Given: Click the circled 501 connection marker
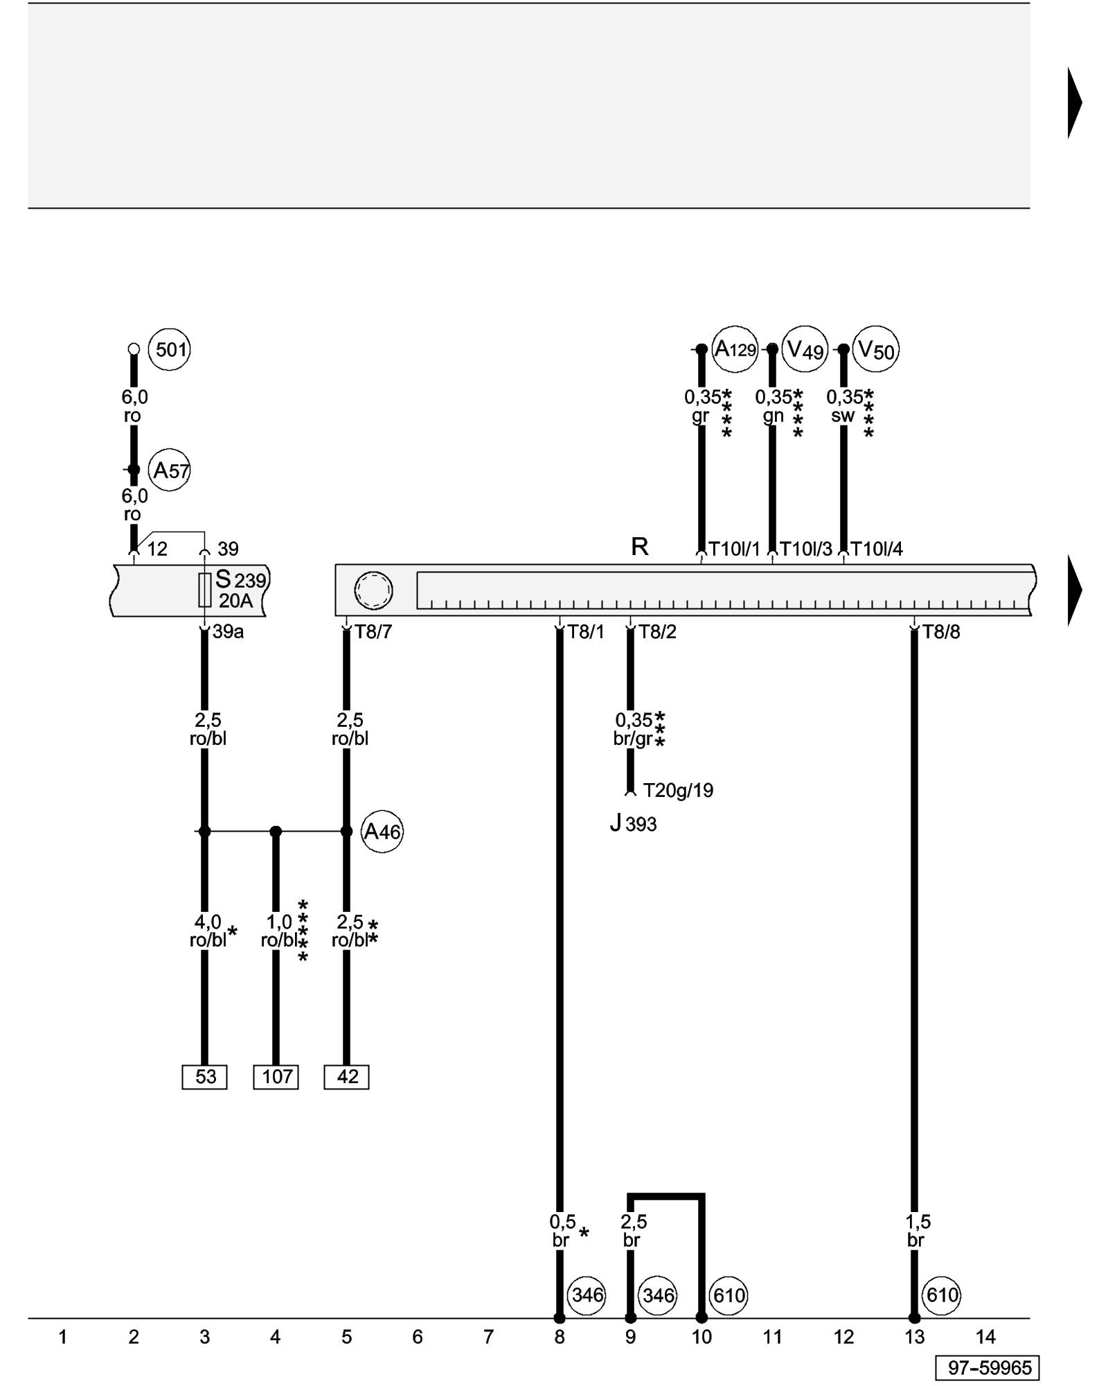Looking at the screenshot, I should (170, 349).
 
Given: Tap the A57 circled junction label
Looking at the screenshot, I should (170, 471).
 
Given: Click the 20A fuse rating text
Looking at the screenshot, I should (235, 601).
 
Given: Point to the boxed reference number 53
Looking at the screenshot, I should (205, 1076).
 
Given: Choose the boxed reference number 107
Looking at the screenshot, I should (276, 1076).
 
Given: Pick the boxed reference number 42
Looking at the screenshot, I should (347, 1076).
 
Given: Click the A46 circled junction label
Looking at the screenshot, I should (382, 831).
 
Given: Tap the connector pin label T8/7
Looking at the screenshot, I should (373, 632).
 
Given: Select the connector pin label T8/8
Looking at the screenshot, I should (941, 632).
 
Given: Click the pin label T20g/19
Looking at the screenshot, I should (678, 791).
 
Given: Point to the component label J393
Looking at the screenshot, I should (633, 824).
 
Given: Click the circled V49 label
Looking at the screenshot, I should (805, 350).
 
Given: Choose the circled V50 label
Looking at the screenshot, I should (877, 350).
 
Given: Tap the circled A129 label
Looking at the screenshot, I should (735, 349).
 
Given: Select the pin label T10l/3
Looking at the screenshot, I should (806, 550).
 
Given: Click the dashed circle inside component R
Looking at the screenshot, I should (373, 590).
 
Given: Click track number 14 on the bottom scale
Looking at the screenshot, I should (985, 1337).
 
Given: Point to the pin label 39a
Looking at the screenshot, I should (228, 632).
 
